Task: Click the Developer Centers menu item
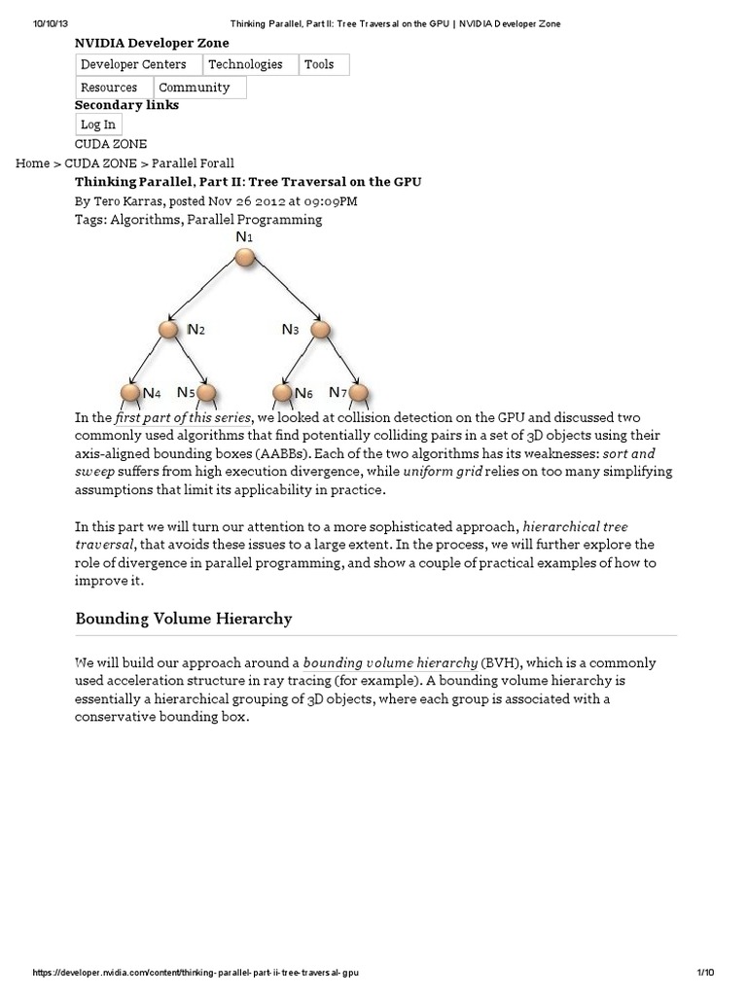[x=138, y=64]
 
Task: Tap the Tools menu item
[x=319, y=64]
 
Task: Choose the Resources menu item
[x=109, y=88]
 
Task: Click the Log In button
[x=97, y=124]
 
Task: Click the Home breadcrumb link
[x=32, y=163]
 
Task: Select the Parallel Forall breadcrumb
[x=193, y=163]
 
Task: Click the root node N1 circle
[x=245, y=257]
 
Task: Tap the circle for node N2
[x=169, y=330]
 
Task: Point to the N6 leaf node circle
[x=282, y=393]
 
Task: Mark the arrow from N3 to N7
[x=340, y=362]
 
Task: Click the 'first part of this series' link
[x=183, y=417]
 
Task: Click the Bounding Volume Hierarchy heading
[x=183, y=619]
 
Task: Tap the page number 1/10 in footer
[x=706, y=973]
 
